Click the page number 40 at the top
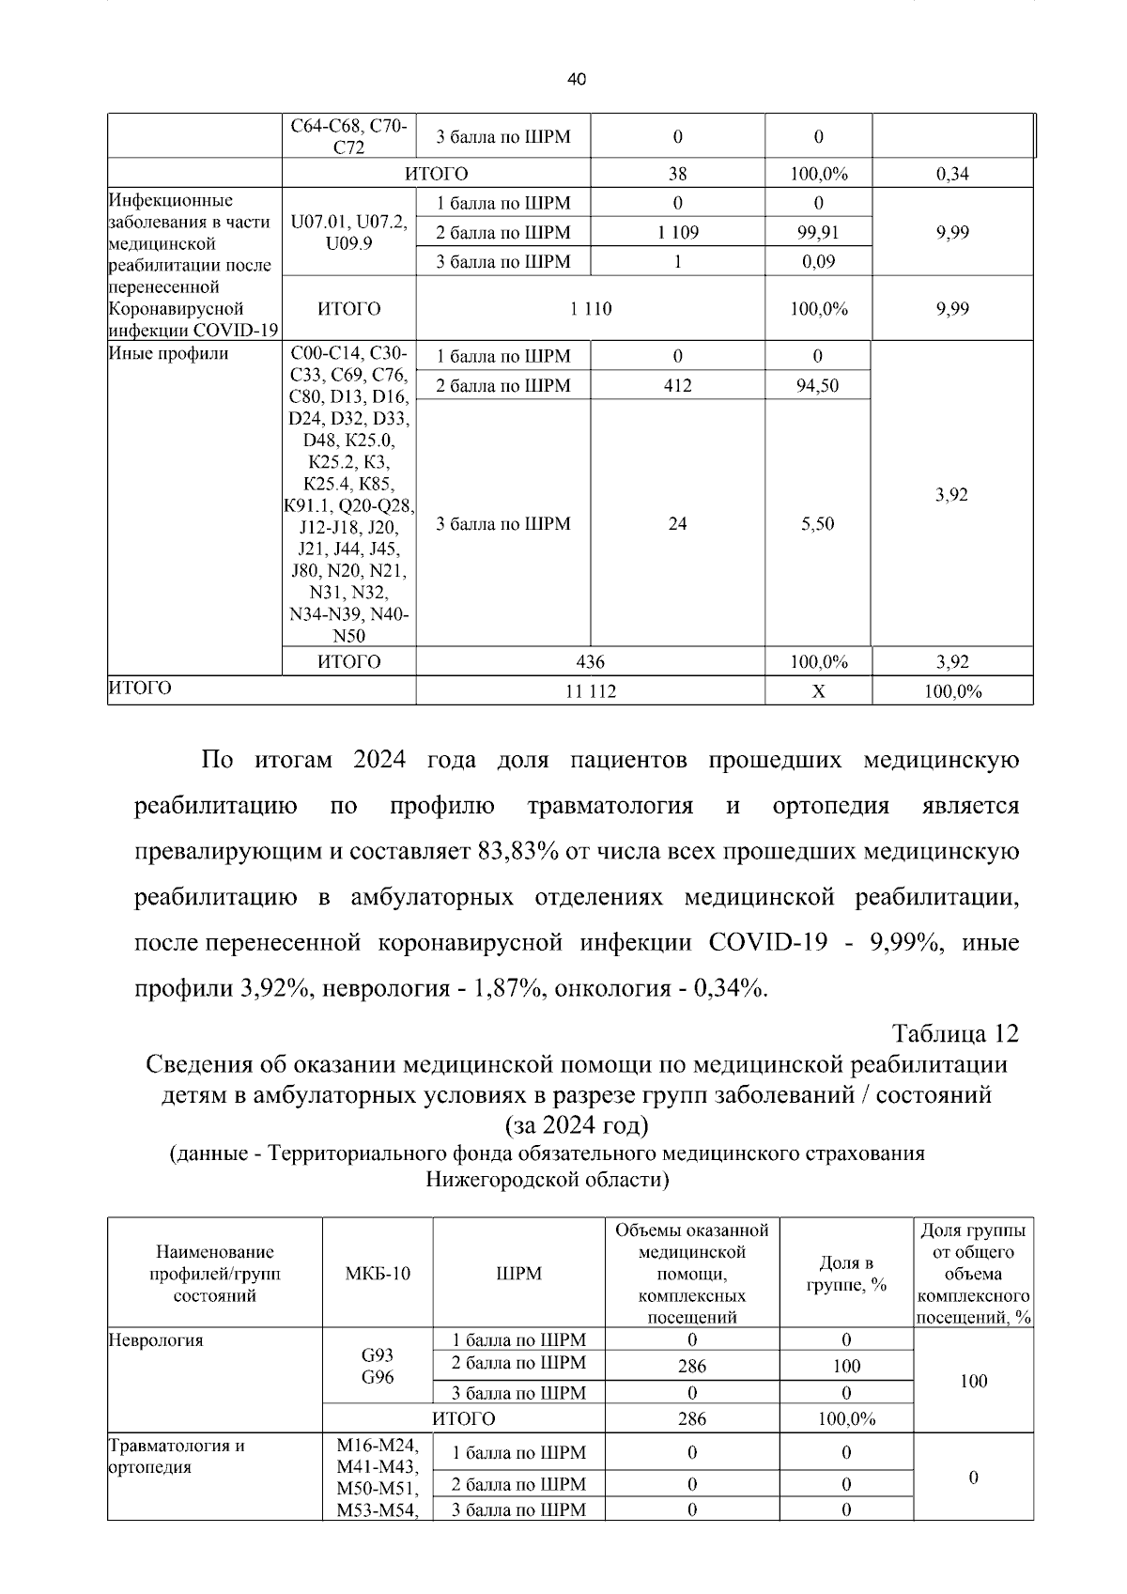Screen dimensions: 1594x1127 (x=577, y=81)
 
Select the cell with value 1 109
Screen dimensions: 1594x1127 (x=677, y=233)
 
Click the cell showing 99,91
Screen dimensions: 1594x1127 (x=818, y=233)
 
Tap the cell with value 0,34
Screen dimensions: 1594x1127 (x=952, y=174)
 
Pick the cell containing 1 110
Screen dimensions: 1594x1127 (x=591, y=309)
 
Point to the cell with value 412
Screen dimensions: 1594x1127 (x=677, y=385)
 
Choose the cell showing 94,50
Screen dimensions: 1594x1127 (x=817, y=385)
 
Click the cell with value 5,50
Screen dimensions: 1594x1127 (x=817, y=524)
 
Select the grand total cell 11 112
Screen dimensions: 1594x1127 (x=591, y=692)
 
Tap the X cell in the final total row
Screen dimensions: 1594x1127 (x=818, y=692)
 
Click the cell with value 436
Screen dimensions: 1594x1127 (x=591, y=662)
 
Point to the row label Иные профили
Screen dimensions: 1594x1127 (x=169, y=354)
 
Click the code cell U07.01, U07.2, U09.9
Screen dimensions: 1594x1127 (x=349, y=233)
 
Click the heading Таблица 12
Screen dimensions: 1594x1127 (x=955, y=1034)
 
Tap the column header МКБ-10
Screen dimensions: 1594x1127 (x=378, y=1274)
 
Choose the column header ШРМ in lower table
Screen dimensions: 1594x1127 (x=518, y=1274)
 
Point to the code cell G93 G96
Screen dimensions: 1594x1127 (x=378, y=1367)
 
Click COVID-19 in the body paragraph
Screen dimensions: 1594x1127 (x=768, y=942)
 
